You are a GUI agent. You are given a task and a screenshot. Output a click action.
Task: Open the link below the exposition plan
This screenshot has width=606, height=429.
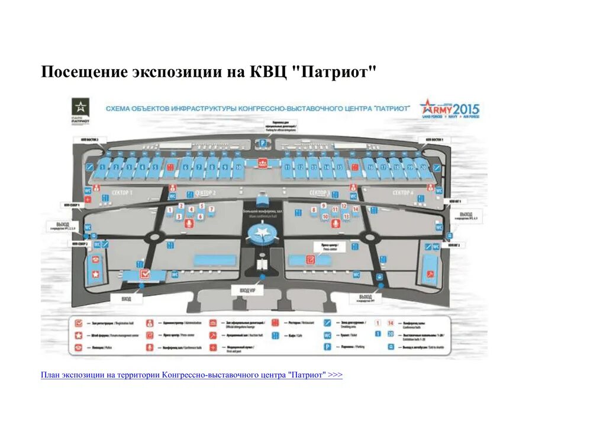(x=192, y=375)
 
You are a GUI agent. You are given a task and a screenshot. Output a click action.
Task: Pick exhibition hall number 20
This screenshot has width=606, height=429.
(x=423, y=167)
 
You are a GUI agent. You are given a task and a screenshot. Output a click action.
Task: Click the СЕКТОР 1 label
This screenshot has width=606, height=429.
(x=123, y=193)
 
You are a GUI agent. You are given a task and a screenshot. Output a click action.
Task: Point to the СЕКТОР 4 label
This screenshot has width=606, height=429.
(x=402, y=193)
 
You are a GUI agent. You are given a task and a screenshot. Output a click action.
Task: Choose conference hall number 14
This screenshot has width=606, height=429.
(x=356, y=209)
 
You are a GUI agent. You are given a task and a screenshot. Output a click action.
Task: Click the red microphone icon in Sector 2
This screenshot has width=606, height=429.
(x=190, y=223)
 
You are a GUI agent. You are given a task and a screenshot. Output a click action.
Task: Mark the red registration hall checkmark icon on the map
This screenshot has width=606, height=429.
(x=144, y=274)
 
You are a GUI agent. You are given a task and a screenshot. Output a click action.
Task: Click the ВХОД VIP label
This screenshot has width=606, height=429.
(x=247, y=291)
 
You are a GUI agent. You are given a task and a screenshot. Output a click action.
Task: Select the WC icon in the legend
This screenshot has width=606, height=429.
(x=327, y=335)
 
